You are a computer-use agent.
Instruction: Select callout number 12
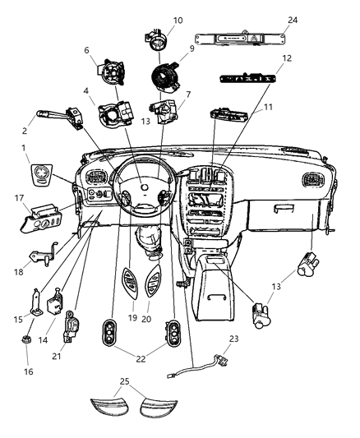click(x=286, y=58)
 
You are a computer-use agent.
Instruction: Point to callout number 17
click(x=18, y=197)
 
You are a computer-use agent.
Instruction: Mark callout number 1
click(x=25, y=150)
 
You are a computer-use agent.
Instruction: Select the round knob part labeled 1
click(x=39, y=176)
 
